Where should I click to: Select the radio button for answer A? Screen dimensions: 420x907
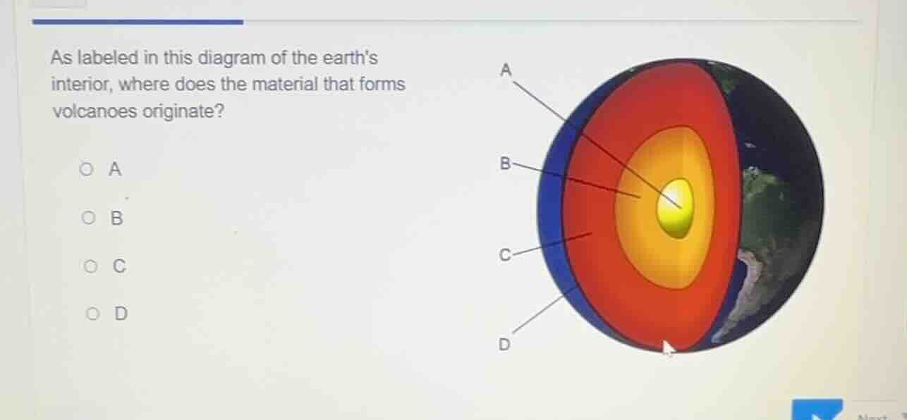click(x=86, y=169)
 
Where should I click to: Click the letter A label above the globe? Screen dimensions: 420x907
click(x=505, y=70)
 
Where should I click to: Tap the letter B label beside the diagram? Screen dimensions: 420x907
click(x=504, y=164)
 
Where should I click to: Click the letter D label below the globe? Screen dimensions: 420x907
click(x=504, y=345)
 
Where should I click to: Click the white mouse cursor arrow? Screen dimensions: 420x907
click(x=668, y=347)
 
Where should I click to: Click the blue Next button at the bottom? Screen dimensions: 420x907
click(x=817, y=409)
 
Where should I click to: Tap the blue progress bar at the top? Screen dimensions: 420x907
click(x=138, y=22)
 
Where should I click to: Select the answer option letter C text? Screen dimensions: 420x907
click(x=119, y=266)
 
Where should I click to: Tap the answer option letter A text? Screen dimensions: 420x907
click(x=115, y=169)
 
